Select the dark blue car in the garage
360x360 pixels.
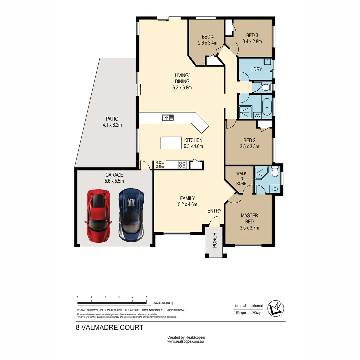point(132,215)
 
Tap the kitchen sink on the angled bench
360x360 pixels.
point(168,117)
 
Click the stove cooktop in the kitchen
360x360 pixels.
point(182,164)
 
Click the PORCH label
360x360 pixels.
point(215,240)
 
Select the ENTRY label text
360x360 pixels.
point(214,211)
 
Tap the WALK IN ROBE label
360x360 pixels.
point(241,178)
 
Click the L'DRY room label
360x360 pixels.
point(256,70)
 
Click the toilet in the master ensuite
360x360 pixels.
point(275,172)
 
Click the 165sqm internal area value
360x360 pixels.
point(240,313)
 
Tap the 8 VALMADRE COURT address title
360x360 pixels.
point(110,327)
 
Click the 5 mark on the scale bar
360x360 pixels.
point(146,297)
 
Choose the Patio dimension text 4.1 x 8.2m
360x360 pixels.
point(112,125)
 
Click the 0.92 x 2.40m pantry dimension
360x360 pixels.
point(160,165)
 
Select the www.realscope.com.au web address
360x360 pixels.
point(186,341)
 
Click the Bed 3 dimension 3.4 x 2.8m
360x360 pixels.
point(252,42)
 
